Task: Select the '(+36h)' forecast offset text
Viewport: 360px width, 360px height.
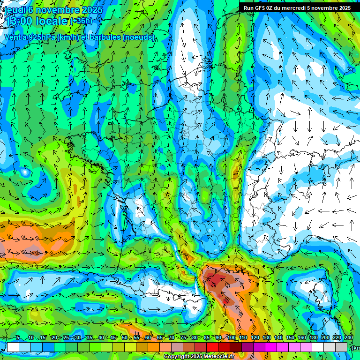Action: click(82, 21)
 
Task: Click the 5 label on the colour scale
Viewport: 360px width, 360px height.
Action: click(18, 338)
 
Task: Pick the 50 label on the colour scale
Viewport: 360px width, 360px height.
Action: click(124, 338)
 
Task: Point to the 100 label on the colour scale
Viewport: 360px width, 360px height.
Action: click(231, 338)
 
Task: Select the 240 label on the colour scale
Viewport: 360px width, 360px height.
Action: click(349, 338)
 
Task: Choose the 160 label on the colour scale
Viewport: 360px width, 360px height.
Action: click(302, 338)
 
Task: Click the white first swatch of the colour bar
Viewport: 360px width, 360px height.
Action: click(13, 347)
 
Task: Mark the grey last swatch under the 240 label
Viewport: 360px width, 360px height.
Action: click(342, 347)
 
